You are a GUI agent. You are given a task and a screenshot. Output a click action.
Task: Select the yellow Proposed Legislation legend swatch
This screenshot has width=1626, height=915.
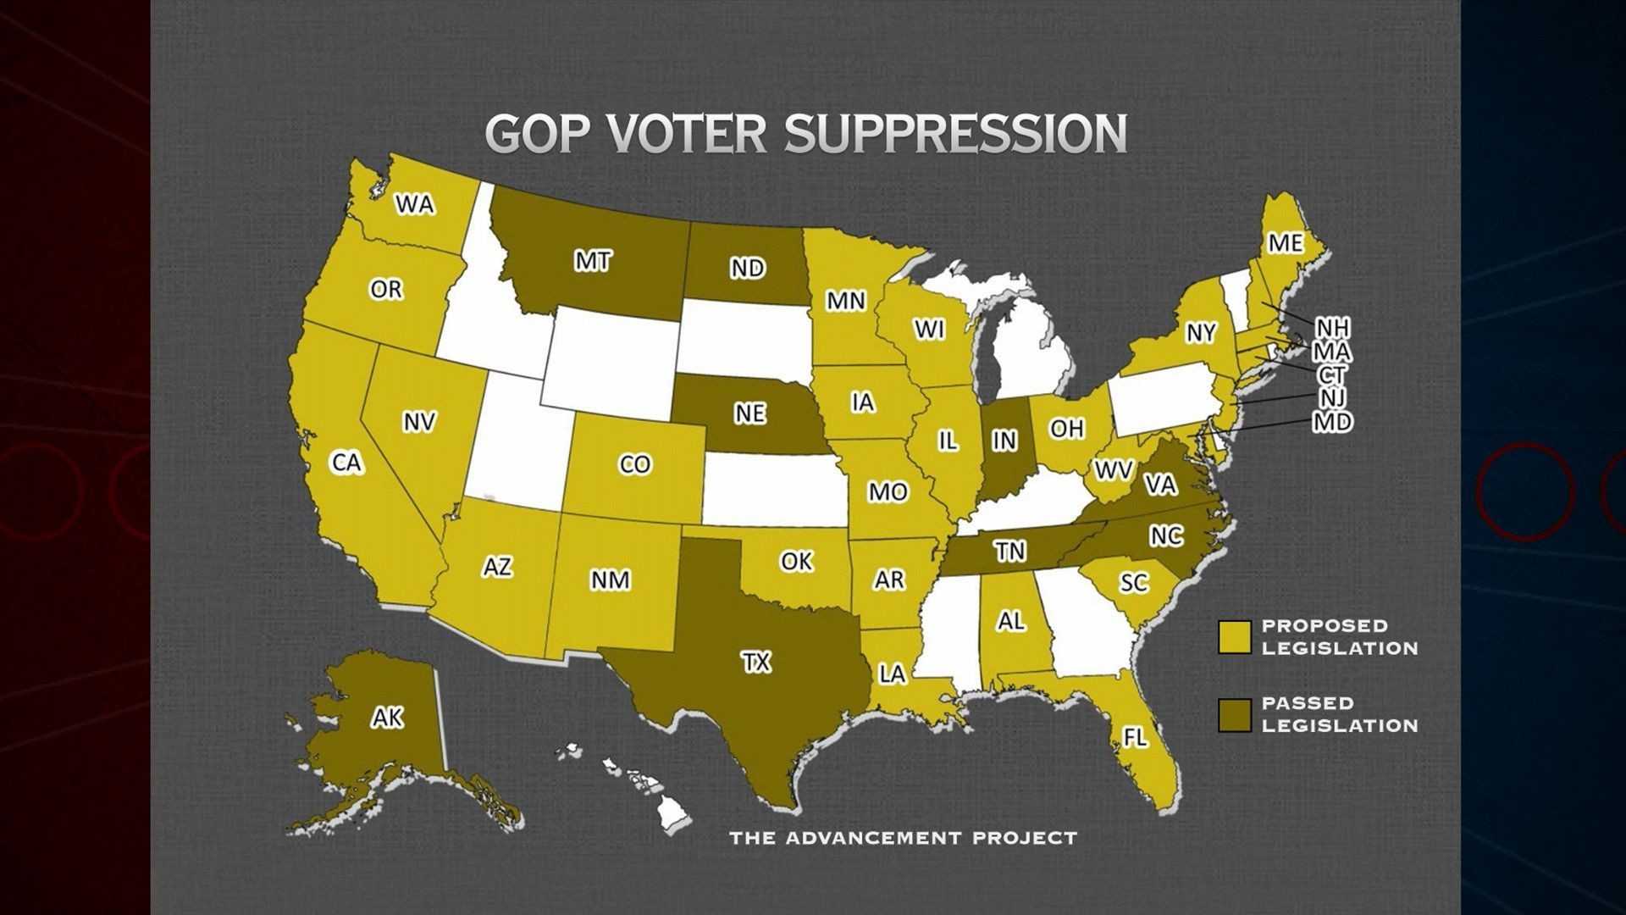[x=1234, y=637]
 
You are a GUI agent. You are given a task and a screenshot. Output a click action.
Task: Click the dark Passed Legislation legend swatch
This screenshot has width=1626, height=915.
[x=1234, y=714]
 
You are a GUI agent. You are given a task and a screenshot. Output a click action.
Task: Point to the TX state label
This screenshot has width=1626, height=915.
[x=756, y=662]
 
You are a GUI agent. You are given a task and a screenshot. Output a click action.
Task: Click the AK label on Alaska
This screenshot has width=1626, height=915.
[x=388, y=718]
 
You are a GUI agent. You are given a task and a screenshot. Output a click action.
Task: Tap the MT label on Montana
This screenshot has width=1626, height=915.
[x=592, y=262]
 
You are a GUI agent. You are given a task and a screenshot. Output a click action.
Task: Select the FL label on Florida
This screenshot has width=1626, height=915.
[x=1135, y=737]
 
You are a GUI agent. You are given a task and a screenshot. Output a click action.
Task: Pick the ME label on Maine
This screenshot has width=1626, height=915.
[x=1285, y=243]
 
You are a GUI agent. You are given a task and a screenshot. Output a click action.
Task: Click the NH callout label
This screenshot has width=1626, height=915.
[x=1332, y=328]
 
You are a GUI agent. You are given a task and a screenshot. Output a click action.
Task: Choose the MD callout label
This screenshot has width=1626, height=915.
[x=1332, y=421]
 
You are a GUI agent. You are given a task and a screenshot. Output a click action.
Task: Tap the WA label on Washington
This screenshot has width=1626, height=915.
[x=415, y=204]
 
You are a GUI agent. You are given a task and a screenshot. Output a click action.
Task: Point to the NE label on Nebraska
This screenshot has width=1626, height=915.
[x=749, y=413]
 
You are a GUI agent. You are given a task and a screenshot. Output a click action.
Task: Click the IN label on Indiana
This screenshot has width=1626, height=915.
[x=1004, y=441]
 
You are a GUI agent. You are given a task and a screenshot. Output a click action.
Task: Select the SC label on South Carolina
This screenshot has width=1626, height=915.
[x=1133, y=583]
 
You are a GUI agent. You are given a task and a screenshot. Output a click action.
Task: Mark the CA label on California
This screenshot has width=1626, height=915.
[x=346, y=463]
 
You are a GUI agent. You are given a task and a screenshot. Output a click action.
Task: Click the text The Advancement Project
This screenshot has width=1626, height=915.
[x=903, y=839]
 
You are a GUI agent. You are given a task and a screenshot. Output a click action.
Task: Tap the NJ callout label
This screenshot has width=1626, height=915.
[x=1332, y=396]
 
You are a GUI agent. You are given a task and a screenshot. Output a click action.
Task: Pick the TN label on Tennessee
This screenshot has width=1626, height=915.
[x=1010, y=552]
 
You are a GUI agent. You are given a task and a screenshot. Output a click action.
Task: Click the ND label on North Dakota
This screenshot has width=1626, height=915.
[x=747, y=268]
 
